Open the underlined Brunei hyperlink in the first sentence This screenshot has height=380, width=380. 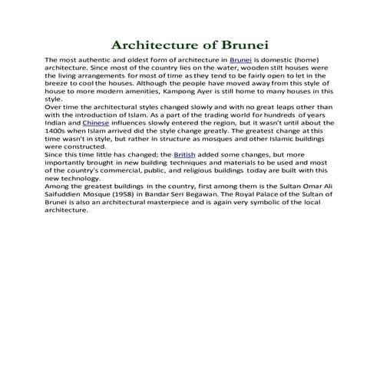click(230, 59)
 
